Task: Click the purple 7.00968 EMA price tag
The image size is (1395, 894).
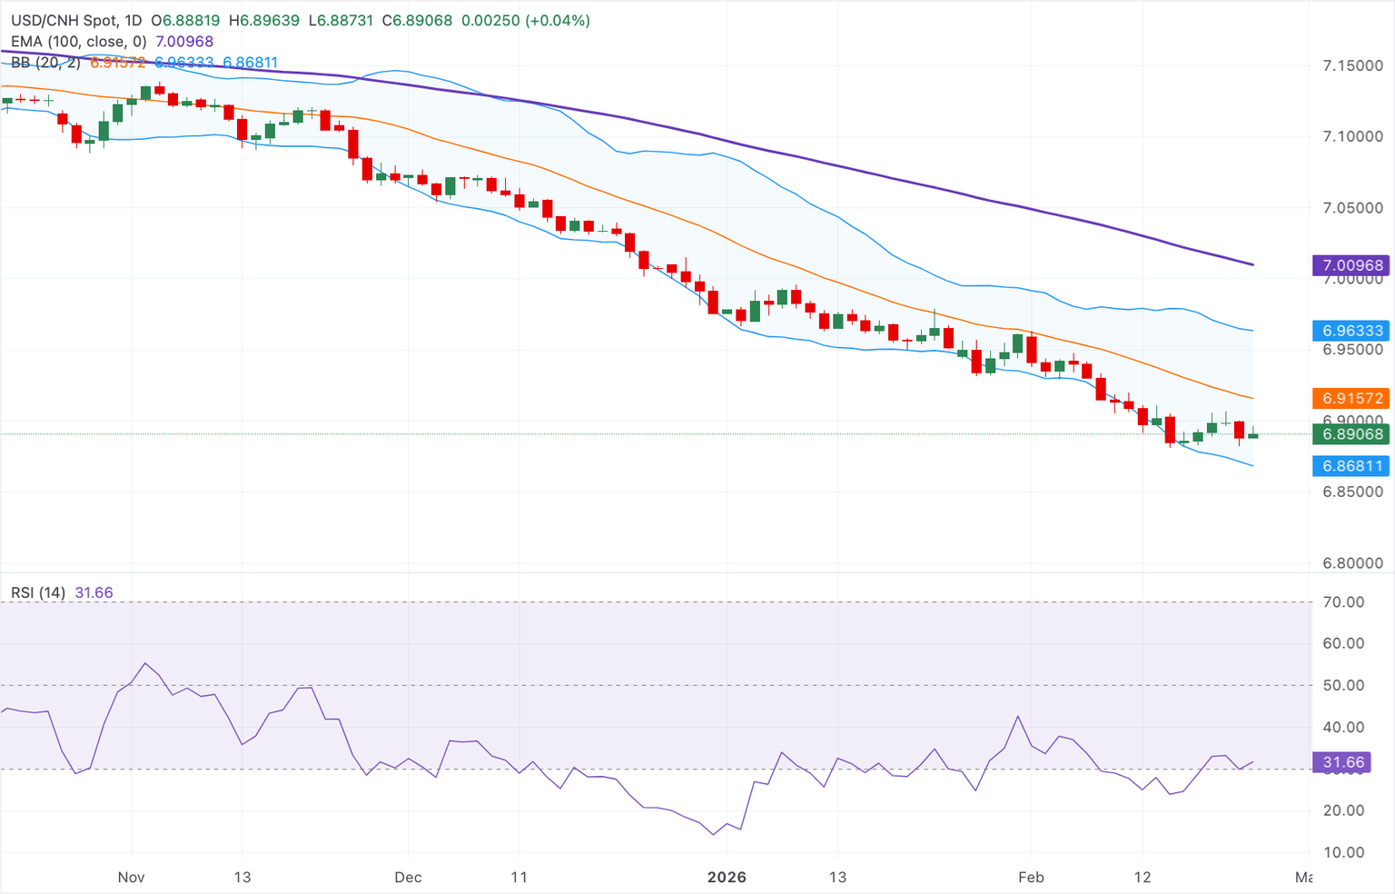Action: (x=1351, y=265)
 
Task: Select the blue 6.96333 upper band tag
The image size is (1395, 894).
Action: (x=1351, y=331)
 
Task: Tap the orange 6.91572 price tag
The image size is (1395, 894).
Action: (x=1351, y=398)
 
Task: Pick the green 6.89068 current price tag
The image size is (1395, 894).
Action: (x=1351, y=434)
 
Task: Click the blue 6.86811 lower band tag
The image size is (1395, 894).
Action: (x=1351, y=466)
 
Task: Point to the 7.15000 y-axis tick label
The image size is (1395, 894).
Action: (x=1351, y=65)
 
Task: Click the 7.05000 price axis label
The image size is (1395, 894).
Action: (x=1351, y=208)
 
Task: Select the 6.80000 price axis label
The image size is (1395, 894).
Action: (x=1351, y=563)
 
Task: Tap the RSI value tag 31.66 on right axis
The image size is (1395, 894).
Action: (x=1342, y=762)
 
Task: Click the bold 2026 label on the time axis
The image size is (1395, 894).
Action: (x=727, y=877)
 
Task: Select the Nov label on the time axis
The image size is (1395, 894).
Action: (x=132, y=877)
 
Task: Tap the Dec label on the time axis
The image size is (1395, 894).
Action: (x=408, y=877)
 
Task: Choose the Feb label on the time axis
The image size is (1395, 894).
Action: (x=1031, y=877)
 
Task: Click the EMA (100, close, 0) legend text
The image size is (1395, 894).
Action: (x=78, y=42)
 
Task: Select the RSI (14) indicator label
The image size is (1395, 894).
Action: (x=38, y=593)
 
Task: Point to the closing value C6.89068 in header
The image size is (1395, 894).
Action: (x=417, y=20)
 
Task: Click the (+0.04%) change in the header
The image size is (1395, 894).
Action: (x=557, y=20)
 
